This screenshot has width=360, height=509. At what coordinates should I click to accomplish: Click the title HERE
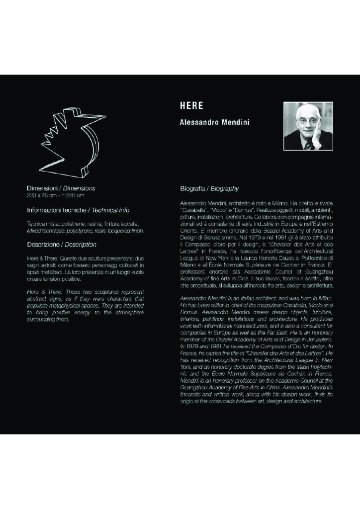point(191,106)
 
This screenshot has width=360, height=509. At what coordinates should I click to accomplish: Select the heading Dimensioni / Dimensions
point(61,189)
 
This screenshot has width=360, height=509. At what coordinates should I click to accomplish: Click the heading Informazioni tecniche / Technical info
point(78,210)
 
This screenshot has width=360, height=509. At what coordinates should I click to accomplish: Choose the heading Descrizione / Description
point(61,245)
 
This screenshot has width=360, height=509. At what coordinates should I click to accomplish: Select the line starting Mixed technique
point(85,231)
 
